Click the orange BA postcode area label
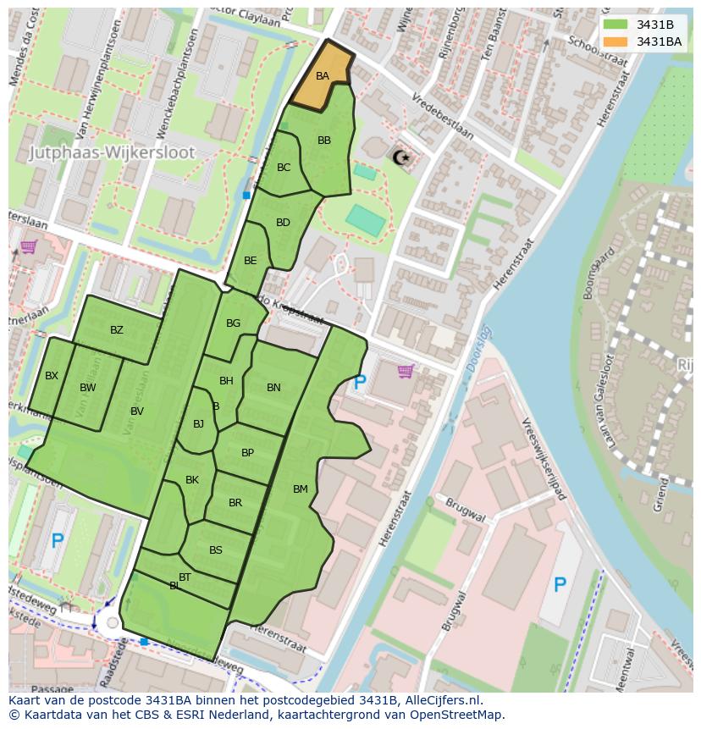323,76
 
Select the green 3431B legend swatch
615,24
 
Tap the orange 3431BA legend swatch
615,41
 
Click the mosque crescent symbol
400,157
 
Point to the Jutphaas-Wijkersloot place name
112,153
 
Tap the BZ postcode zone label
117,330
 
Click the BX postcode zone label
52,376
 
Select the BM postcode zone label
301,489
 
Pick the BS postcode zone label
216,550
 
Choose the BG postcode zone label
234,323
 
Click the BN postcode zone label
273,388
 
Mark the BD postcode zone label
283,223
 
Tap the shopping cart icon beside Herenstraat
406,371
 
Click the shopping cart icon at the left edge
27,247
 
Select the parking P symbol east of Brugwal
559,584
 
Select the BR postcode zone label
235,503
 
